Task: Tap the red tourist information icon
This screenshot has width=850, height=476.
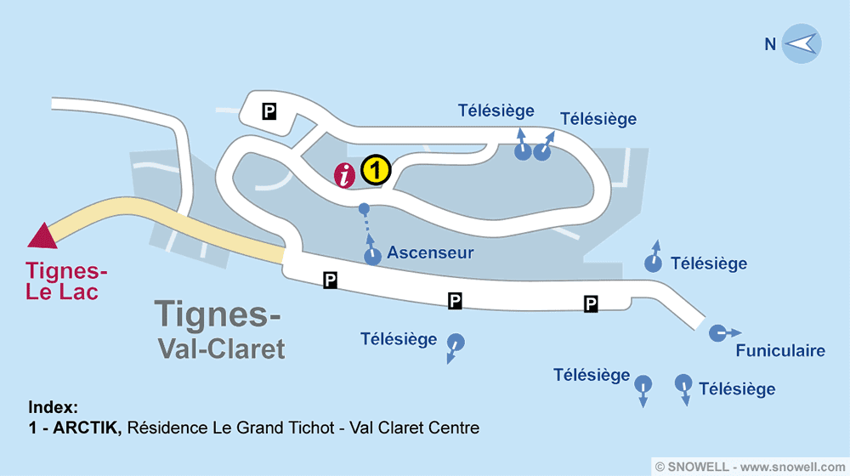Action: point(345,175)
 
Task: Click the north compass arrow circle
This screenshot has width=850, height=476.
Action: point(800,44)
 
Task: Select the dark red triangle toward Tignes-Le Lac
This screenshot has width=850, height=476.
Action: point(42,235)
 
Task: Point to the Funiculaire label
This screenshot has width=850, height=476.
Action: point(780,351)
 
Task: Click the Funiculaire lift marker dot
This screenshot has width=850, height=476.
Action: point(719,332)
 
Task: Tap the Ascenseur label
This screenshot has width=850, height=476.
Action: point(430,252)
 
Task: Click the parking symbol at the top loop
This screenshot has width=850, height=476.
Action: point(269,110)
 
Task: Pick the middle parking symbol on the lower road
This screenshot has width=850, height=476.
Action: point(456,300)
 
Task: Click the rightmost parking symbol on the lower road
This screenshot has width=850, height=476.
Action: point(591,303)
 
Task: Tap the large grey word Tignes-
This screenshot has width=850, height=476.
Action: point(218,314)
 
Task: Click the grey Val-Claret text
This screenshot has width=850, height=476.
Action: point(221,348)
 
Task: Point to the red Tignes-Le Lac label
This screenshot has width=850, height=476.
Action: point(62,281)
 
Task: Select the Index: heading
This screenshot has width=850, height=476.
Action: point(53,406)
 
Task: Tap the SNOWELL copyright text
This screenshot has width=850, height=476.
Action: point(749,466)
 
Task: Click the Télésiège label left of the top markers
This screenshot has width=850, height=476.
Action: point(496,110)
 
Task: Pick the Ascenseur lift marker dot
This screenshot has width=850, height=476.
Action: point(372,257)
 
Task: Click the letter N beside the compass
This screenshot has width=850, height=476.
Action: point(770,44)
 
